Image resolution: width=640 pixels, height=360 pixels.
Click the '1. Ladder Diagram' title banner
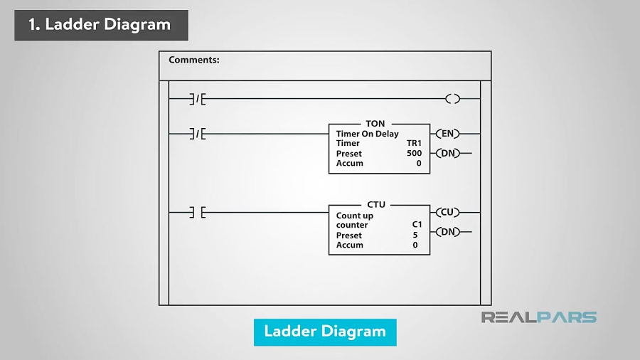coord(100,25)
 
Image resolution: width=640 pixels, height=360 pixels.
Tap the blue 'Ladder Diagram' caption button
coord(325,332)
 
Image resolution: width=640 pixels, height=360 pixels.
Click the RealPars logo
coord(538,317)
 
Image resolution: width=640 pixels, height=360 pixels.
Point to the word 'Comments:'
coord(193,60)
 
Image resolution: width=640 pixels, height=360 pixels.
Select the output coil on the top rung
coord(452,99)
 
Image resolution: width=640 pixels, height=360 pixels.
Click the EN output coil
coord(448,133)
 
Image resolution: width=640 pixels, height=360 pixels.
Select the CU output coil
coord(448,212)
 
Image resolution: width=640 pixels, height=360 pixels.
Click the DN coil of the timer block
coord(448,152)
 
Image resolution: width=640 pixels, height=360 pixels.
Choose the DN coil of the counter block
coord(448,231)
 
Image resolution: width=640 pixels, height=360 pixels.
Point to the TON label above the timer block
coord(375,124)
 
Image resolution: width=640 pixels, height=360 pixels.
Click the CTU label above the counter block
coord(376,205)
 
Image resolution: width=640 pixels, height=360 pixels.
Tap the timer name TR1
coord(413,143)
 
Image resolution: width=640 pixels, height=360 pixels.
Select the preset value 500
coord(414,153)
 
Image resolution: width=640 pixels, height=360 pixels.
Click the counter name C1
coord(417,225)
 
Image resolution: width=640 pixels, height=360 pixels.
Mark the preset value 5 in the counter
coord(415,235)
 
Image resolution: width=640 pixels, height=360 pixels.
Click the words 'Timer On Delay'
coord(368,134)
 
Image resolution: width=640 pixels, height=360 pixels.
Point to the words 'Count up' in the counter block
coord(355,216)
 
